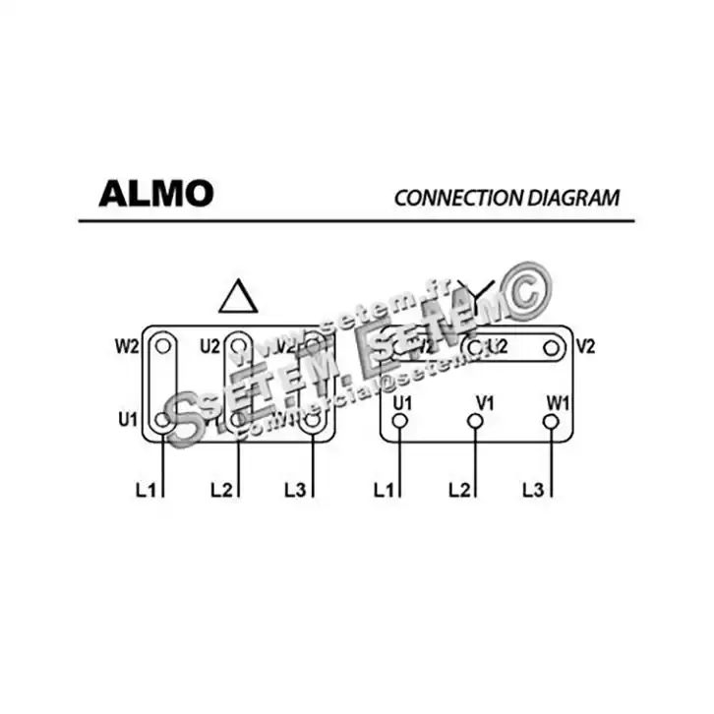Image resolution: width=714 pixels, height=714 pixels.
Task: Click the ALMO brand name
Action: tap(155, 193)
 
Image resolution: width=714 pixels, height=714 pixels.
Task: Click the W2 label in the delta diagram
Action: tap(127, 346)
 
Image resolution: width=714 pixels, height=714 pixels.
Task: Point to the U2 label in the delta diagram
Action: tap(209, 346)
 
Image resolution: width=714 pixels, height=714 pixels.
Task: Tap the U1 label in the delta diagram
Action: tap(127, 420)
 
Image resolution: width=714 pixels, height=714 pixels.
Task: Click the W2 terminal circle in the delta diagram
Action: tap(163, 346)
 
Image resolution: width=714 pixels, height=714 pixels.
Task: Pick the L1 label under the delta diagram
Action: tap(146, 489)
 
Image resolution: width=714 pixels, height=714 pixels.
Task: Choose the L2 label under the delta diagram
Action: tap(221, 489)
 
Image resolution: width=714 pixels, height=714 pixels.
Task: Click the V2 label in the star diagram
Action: tap(585, 346)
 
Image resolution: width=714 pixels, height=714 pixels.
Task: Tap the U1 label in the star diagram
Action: tap(401, 401)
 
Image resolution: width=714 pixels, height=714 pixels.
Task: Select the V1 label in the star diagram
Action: tap(484, 401)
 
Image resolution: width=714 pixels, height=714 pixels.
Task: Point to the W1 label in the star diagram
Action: tap(558, 401)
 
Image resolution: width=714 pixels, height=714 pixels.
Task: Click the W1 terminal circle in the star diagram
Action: tap(551, 421)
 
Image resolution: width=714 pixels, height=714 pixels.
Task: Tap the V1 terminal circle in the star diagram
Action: tap(475, 421)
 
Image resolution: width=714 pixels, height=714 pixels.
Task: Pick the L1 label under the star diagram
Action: tap(385, 489)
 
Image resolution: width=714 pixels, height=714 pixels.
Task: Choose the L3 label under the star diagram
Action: tap(534, 489)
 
